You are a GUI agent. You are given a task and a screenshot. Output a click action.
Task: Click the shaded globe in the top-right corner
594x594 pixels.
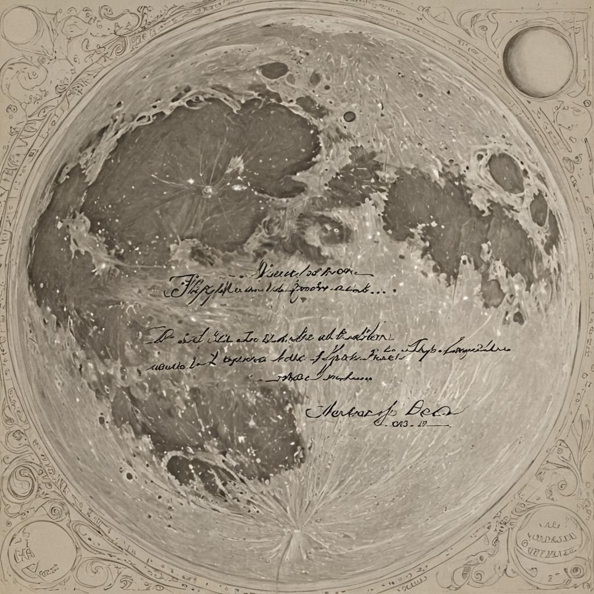538,61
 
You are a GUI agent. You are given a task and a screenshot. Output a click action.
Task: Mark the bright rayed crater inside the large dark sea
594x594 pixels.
207,190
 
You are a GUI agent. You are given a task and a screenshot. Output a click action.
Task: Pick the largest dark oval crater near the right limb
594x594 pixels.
506,172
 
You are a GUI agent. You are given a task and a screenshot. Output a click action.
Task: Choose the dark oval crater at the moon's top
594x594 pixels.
274,71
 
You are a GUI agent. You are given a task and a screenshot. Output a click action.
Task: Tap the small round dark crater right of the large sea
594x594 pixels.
349,117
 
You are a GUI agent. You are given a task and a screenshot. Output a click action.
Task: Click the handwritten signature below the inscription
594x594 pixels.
383,411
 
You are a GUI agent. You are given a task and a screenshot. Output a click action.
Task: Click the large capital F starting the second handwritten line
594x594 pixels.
176,286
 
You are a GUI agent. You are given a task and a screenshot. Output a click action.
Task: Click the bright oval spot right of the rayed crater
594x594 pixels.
238,187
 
